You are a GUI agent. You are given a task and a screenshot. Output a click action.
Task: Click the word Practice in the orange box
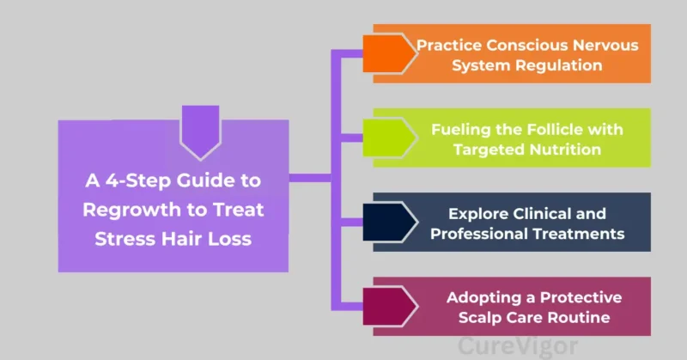(447, 45)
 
